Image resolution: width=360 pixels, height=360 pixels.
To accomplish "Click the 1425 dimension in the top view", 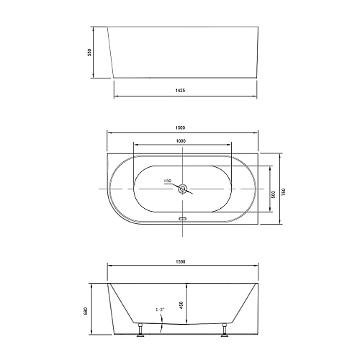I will [x=181, y=92].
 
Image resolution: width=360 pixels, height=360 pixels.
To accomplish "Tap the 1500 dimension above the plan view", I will [x=183, y=128].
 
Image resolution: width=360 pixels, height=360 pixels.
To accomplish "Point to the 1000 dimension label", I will [x=181, y=140].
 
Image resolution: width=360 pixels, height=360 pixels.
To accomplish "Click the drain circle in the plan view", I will [x=183, y=189].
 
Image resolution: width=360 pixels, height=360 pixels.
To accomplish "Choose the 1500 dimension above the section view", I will [x=183, y=261].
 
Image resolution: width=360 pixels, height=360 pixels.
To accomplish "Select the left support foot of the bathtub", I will [x=141, y=330].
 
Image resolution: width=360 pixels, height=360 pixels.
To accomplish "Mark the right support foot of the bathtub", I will [x=225, y=330].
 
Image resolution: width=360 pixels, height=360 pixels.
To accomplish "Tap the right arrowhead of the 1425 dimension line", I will [x=256, y=97].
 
